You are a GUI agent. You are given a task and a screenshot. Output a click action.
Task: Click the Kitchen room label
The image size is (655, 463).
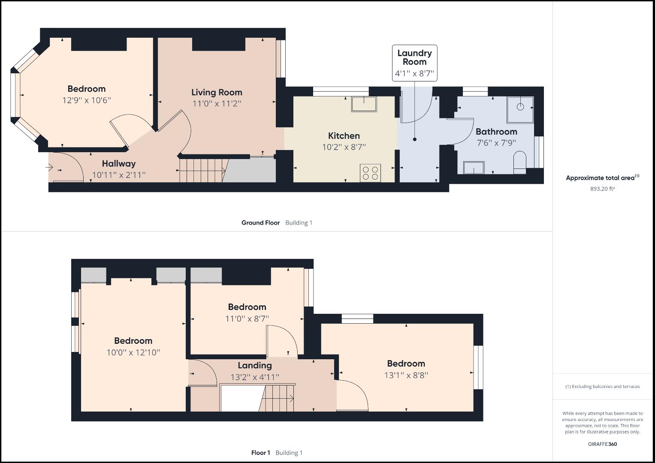tap(344, 136)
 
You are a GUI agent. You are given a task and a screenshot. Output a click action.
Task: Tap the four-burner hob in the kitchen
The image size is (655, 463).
tap(370, 173)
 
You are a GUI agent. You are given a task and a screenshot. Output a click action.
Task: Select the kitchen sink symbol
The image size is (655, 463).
tap(364, 104)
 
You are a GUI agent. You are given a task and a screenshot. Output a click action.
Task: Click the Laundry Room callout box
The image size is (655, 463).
tap(414, 63)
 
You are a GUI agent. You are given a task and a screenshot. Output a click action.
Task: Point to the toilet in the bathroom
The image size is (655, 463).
tap(519, 162)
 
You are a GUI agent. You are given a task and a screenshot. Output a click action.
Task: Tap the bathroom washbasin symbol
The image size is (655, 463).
tap(474, 168)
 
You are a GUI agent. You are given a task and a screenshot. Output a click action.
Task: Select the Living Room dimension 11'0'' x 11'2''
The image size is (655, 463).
tap(217, 103)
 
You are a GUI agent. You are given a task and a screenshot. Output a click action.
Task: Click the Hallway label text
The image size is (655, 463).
tap(119, 163)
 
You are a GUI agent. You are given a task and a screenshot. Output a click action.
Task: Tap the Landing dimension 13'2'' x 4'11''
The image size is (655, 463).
tap(255, 377)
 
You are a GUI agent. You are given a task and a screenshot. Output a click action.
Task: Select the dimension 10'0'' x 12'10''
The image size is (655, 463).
tap(133, 352)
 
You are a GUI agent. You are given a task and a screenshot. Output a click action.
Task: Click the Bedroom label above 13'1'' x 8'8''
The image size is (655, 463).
tap(406, 364)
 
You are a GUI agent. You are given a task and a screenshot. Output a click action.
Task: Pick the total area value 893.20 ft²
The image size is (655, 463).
tap(602, 189)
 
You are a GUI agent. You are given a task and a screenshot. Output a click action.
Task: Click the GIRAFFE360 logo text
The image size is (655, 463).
tap(602, 444)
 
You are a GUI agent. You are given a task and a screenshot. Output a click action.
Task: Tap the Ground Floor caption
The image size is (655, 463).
tap(260, 222)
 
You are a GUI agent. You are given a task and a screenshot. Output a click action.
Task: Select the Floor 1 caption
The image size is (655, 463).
tap(260, 453)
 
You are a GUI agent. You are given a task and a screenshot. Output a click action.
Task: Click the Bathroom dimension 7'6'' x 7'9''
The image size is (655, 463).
tap(496, 143)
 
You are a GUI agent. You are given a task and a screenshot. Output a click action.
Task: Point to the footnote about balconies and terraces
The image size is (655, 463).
tap(602, 386)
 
